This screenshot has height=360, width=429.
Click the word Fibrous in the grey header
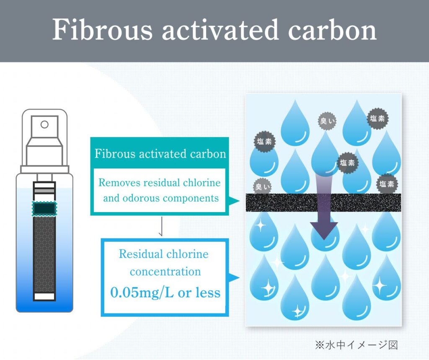102,30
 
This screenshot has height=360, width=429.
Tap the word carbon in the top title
332,30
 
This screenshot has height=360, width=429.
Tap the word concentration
165,272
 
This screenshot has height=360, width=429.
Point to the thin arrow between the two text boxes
161,226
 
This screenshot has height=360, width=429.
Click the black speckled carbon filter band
323,202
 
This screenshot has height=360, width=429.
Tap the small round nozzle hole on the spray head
44,124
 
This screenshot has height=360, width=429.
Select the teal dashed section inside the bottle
44,209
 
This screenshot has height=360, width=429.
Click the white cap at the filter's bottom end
44,297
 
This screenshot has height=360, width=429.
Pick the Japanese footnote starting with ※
356,345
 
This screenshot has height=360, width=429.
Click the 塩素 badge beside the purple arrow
347,163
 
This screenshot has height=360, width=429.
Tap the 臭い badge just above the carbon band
262,187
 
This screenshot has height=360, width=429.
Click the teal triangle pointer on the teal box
234,202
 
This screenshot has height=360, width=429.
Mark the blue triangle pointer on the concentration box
234,277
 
